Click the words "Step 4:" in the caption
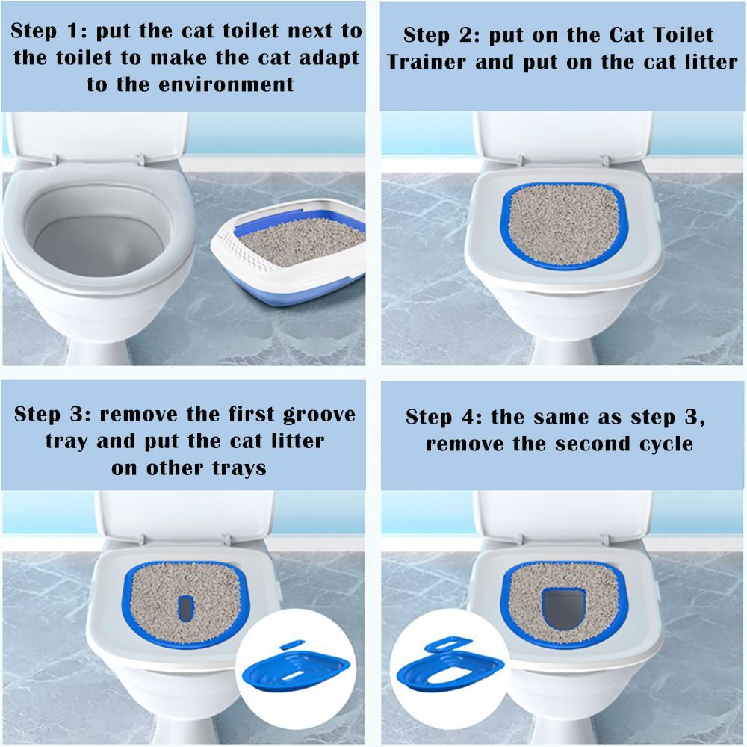click(x=444, y=417)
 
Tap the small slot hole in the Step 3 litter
click(x=185, y=606)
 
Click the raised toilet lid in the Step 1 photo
click(x=97, y=134)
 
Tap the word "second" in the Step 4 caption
click(x=586, y=444)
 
